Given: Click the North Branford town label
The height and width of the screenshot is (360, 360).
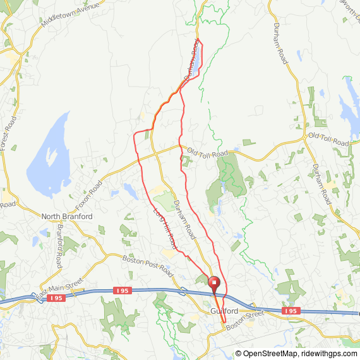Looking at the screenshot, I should [67, 217].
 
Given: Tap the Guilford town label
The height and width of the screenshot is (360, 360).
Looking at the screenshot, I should [224, 312].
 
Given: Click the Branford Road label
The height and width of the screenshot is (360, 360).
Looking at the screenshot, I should [60, 244].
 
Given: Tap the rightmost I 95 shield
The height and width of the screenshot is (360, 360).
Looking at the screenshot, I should [290, 311].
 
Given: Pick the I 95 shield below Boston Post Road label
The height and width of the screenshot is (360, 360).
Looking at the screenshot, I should [123, 291].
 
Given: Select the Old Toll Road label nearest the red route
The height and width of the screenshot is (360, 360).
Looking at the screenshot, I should [207, 153].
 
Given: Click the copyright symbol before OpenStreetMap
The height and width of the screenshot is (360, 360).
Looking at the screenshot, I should [239, 354].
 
